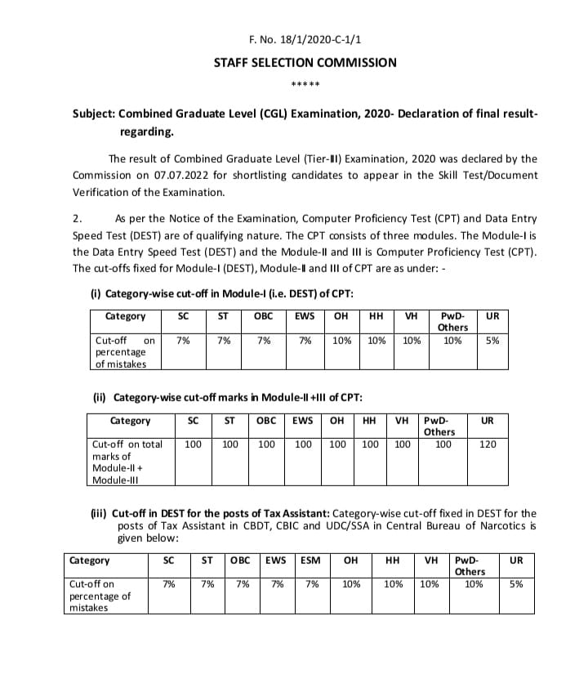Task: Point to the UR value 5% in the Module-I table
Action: (x=492, y=340)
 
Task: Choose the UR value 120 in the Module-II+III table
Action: (x=488, y=444)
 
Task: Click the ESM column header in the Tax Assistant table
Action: (x=310, y=561)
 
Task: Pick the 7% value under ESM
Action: (x=310, y=584)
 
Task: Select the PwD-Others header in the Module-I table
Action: (x=452, y=321)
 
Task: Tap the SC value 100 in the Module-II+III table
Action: (x=194, y=444)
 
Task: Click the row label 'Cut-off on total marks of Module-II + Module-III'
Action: (x=127, y=462)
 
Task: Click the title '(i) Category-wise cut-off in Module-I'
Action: (x=221, y=293)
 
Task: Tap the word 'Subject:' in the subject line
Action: (x=96, y=114)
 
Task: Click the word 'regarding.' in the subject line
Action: (x=147, y=132)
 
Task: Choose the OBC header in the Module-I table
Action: (x=264, y=316)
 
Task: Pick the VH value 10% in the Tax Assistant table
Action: (x=430, y=584)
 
